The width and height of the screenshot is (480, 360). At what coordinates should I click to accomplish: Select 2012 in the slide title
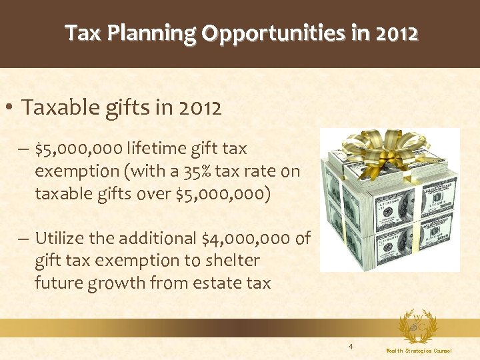click(395, 33)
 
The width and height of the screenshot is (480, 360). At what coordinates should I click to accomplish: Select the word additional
click(145, 238)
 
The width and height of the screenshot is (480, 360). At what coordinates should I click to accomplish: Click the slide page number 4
click(351, 347)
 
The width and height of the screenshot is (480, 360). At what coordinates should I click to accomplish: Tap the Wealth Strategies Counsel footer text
click(419, 351)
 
